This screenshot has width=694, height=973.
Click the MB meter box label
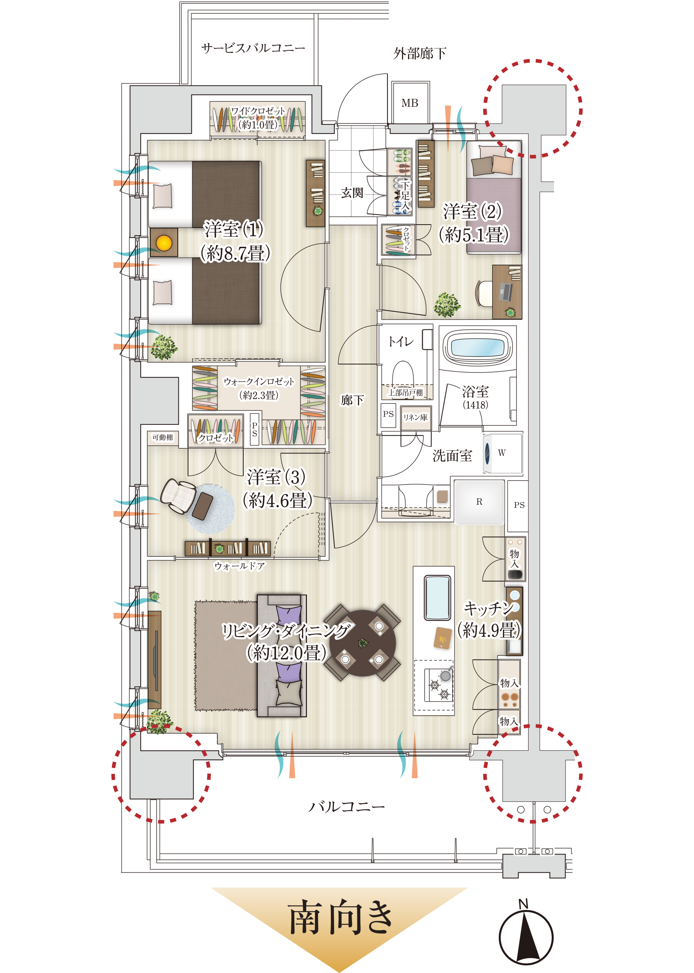[x=410, y=103]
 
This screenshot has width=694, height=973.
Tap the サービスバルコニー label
[x=253, y=48]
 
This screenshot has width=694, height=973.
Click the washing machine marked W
[x=503, y=453]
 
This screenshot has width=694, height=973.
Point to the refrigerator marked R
[x=479, y=502]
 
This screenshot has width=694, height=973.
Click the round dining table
[x=363, y=643]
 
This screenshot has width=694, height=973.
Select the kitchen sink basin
[x=437, y=597]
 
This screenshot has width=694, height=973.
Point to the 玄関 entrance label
[x=352, y=193]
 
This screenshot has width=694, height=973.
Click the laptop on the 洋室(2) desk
[x=506, y=292]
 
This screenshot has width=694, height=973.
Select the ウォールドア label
[x=239, y=566]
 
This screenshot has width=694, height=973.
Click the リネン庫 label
[x=415, y=417]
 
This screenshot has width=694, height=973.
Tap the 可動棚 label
[x=162, y=437]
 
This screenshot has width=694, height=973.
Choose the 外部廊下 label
[x=420, y=53]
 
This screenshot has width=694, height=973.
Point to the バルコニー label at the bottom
[x=347, y=806]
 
